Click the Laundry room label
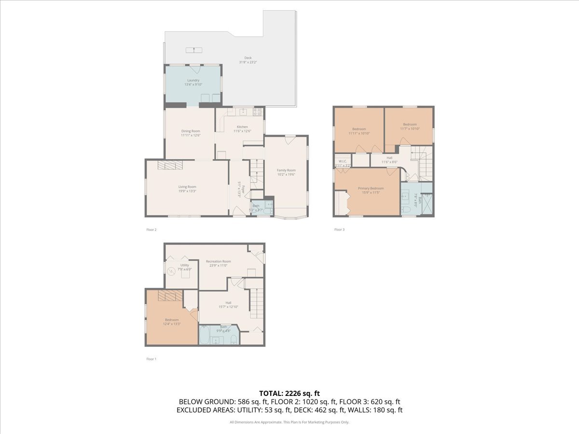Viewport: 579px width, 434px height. click(193, 81)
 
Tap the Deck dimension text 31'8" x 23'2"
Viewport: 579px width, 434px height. click(248, 62)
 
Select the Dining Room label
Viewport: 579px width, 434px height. click(191, 131)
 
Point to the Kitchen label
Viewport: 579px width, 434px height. click(242, 127)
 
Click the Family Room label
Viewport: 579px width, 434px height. click(286, 170)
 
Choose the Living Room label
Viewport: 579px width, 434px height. click(187, 187)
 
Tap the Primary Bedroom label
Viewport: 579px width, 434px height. click(371, 188)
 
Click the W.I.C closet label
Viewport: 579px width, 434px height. click(343, 161)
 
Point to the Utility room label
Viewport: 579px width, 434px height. click(185, 265)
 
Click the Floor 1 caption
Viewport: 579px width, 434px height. click(152, 359)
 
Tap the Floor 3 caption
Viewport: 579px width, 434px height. click(340, 230)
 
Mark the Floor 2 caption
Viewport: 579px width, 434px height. click(152, 230)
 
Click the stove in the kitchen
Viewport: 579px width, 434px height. click(257, 112)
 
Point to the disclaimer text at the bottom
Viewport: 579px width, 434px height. click(289, 422)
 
